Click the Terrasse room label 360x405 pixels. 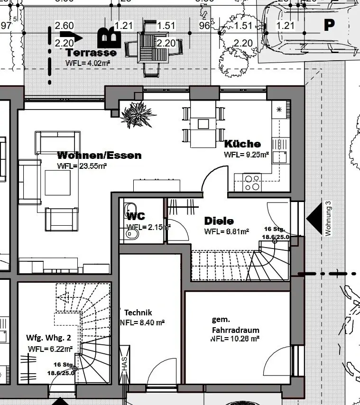[x=92, y=53]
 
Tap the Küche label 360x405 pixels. [x=242, y=144]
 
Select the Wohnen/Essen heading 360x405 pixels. [x=99, y=156]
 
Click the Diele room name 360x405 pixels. [x=219, y=221]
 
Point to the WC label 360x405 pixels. [x=136, y=216]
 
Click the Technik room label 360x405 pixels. [x=138, y=313]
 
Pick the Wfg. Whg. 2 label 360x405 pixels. [x=48, y=338]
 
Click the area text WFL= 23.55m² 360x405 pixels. [x=81, y=166]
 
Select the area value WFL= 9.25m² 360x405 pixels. [x=247, y=154]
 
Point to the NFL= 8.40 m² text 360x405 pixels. [x=143, y=323]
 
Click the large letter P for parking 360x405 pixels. [x=329, y=25]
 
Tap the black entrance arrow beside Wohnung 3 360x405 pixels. [x=315, y=218]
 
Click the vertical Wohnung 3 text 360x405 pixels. [x=328, y=218]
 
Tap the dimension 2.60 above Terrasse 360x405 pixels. [x=64, y=25]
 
